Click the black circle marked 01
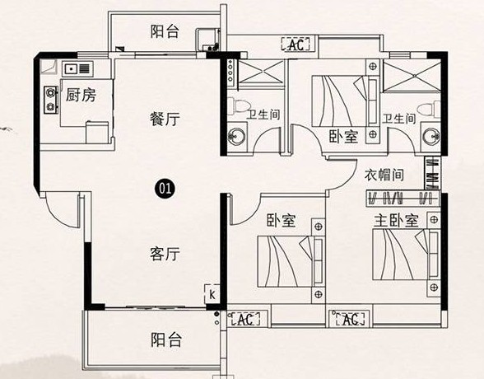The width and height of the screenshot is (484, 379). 165,188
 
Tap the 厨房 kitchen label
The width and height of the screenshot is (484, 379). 81,95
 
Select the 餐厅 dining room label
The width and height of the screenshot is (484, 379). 165,119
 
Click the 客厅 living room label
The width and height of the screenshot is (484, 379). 165,255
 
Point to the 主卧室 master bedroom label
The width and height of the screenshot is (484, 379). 397,221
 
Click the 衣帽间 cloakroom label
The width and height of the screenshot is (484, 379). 384,175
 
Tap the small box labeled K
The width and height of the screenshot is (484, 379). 212,294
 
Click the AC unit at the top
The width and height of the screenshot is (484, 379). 296,44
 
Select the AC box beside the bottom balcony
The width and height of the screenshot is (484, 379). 245,319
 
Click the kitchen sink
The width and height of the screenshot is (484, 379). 77,68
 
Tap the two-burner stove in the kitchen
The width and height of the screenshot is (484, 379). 51,100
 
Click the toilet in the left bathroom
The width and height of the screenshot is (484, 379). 237,106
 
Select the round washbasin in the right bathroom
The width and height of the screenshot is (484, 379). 431,137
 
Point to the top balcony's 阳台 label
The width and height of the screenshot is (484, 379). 165,32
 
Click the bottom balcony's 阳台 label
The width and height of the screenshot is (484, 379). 166,339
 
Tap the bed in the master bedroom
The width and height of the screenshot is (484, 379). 407,255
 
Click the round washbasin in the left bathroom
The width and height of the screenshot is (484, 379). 236,136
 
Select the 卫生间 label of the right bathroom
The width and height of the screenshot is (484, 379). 398,119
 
